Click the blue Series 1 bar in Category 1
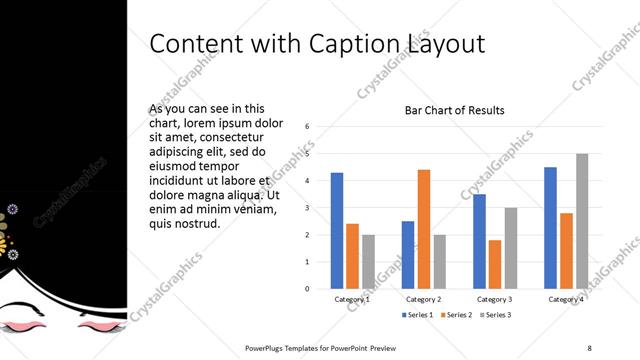click(337, 231)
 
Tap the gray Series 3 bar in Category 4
click(581, 221)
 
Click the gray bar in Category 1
click(368, 262)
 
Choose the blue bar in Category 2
click(408, 255)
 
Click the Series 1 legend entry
click(419, 315)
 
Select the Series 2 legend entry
click(457, 315)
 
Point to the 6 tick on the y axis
click(307, 127)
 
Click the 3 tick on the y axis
click(307, 208)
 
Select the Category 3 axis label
click(495, 299)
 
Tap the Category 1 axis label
click(352, 299)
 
